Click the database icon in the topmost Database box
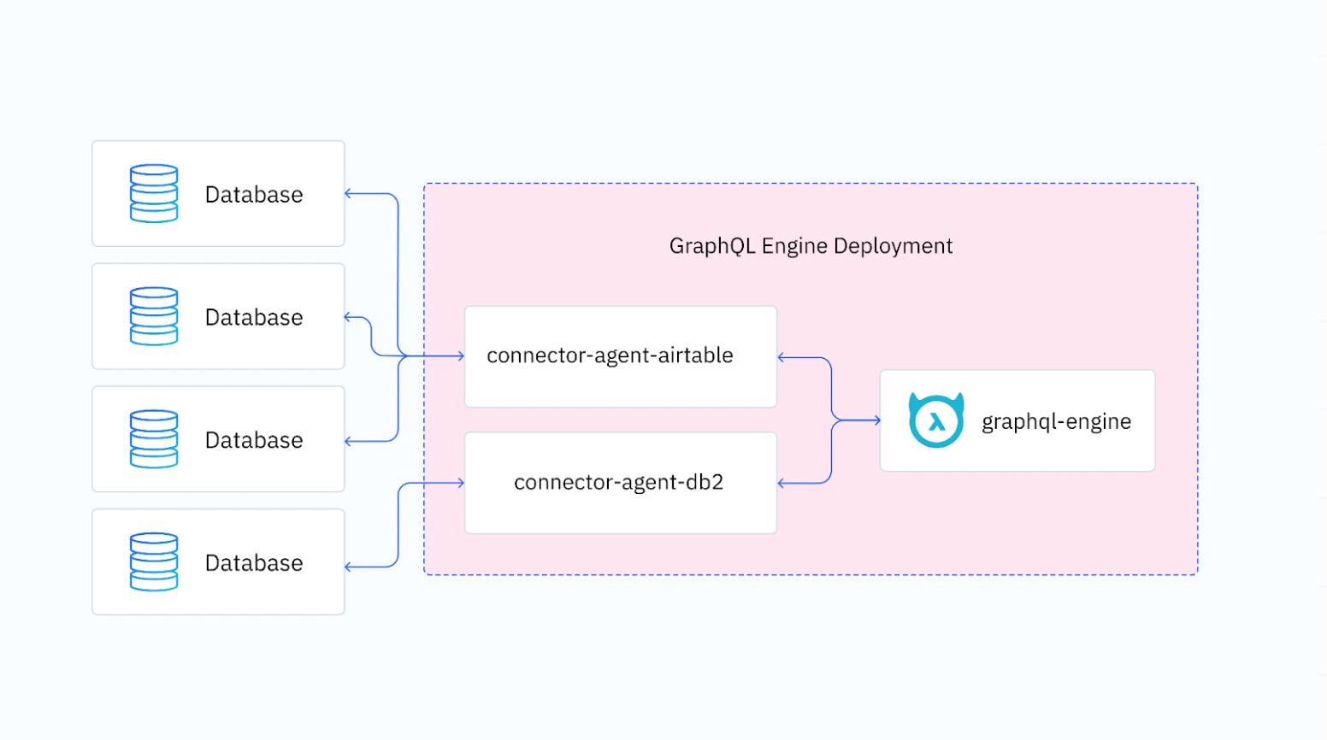154,194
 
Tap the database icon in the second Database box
154,316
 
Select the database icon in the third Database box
154,439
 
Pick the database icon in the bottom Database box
154,562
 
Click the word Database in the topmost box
254,195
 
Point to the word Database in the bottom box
254,563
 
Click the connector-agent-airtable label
610,355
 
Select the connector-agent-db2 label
618,482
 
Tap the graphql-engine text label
1056,421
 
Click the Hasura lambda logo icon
936,420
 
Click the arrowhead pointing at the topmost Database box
349,194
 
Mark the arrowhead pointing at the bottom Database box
349,567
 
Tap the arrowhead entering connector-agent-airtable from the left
461,355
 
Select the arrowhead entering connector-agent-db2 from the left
461,483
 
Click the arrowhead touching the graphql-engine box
876,420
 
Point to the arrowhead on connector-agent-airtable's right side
781,357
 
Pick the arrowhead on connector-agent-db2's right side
781,484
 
